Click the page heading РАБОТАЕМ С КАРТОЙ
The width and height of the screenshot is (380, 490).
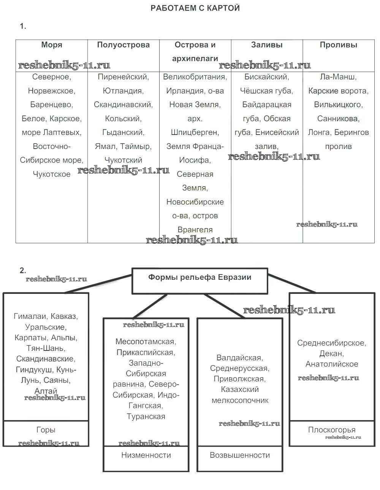coord(195,8)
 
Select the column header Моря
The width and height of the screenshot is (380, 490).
coord(52,45)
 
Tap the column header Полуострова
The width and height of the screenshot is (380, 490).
coord(123,45)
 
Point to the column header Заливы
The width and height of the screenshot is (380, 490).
coord(267,45)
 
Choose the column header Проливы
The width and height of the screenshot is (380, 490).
coord(338,45)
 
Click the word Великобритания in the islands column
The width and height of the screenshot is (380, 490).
coord(194,77)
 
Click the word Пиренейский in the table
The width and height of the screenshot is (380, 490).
coord(123,77)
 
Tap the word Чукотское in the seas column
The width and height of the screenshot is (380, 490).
coord(52,174)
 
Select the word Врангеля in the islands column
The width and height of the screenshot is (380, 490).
coord(195,230)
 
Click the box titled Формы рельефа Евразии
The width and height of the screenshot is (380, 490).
coord(199,278)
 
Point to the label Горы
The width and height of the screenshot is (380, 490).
coord(46,430)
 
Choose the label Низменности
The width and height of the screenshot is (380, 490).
coord(146,455)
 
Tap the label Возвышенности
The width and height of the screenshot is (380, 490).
coord(240,455)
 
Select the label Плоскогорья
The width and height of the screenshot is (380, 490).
coord(332,430)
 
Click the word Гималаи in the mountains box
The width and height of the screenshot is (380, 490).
coord(30,316)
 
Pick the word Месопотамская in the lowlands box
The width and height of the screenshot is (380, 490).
coord(146,342)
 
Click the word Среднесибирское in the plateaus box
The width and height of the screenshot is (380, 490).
coord(331,343)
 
